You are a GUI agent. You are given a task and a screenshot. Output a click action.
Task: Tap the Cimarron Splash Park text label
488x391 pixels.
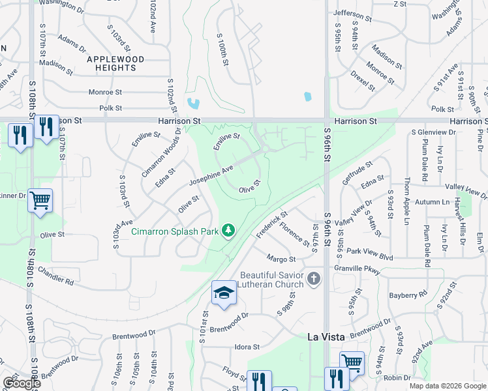click(x=174, y=231)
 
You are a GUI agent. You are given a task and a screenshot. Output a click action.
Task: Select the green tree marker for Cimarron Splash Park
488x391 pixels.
click(x=228, y=231)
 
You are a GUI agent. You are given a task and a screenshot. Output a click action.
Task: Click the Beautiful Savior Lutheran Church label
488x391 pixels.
click(x=272, y=280)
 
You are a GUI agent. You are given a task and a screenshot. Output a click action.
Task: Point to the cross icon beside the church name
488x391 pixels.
click(x=314, y=280)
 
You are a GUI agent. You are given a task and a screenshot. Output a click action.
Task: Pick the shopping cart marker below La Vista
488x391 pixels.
click(x=352, y=361)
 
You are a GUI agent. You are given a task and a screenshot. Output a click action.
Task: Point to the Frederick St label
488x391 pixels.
click(x=272, y=223)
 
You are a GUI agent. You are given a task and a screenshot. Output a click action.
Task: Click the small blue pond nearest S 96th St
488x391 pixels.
click(x=307, y=97)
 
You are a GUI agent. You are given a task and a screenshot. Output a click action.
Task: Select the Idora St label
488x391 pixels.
click(x=247, y=347)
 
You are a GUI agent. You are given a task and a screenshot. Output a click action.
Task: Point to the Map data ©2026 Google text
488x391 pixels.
click(x=447, y=386)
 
